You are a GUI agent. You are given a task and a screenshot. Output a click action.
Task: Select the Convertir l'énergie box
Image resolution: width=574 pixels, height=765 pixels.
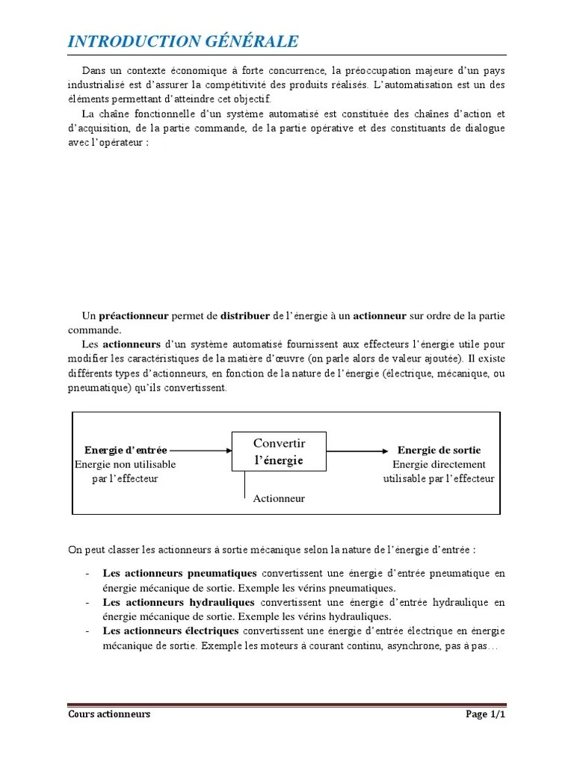(280, 452)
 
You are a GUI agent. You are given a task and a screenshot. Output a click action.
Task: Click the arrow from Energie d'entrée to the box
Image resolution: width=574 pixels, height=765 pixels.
(200, 450)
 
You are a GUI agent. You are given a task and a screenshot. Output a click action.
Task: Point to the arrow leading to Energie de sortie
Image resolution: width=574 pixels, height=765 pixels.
(359, 450)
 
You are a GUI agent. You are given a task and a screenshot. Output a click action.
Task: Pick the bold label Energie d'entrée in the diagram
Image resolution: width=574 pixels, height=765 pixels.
(126, 450)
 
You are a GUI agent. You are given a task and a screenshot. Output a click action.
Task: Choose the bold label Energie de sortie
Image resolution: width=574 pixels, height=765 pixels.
(439, 450)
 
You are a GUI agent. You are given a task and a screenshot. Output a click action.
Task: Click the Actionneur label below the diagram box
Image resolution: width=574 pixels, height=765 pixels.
(279, 498)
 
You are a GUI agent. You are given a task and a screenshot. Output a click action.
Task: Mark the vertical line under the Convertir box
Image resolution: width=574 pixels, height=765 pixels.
(245, 485)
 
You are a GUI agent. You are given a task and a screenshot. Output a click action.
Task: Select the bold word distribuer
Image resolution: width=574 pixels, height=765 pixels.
(246, 316)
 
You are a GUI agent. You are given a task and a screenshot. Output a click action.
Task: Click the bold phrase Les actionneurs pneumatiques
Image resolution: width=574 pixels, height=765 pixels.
(179, 574)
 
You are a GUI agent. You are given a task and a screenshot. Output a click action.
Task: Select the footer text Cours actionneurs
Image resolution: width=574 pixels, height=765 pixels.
(109, 714)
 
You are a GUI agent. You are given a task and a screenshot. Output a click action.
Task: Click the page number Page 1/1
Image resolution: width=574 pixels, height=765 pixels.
(486, 714)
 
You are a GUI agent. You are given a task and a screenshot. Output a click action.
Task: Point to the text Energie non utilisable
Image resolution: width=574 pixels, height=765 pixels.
(126, 465)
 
